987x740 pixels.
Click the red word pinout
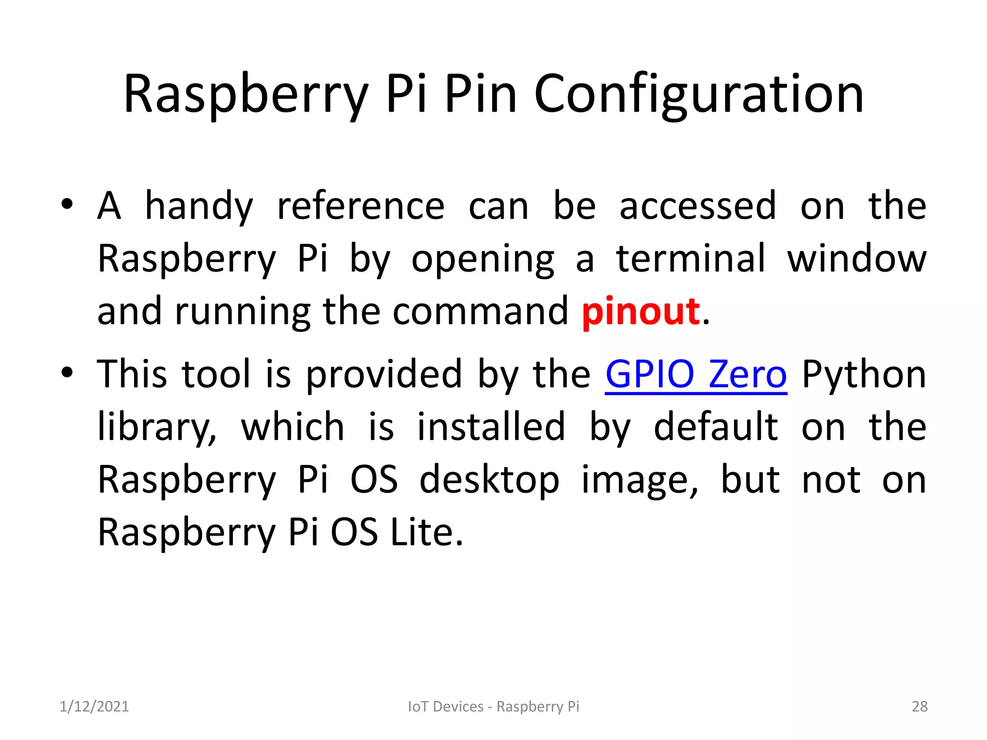click(640, 312)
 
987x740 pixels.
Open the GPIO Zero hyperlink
click(696, 374)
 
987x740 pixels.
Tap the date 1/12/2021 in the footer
click(94, 706)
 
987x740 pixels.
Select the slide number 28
click(920, 706)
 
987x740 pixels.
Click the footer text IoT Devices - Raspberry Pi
click(493, 706)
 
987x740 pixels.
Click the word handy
click(199, 206)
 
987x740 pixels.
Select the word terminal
click(691, 259)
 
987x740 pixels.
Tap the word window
click(856, 259)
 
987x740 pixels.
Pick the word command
click(480, 312)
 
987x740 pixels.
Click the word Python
click(864, 374)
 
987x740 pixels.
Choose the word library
click(157, 427)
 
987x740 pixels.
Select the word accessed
click(698, 206)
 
